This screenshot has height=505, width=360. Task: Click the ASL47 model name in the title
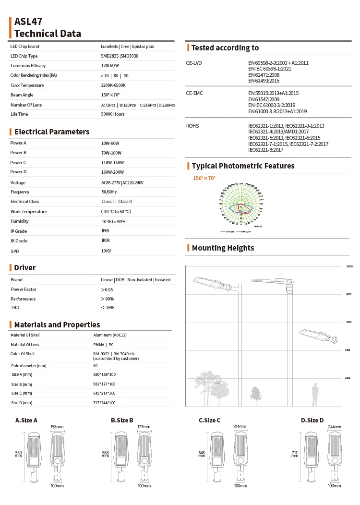point(28,22)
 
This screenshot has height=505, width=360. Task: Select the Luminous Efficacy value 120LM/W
point(110,66)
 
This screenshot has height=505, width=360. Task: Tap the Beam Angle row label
point(22,95)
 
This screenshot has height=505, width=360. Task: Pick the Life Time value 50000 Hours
point(113,114)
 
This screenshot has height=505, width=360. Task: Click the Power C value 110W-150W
point(112,163)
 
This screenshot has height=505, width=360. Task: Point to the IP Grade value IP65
point(105,231)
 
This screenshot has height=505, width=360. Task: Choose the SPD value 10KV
point(106,251)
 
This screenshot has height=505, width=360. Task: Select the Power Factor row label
point(24,289)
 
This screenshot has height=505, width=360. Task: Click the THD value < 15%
point(108,307)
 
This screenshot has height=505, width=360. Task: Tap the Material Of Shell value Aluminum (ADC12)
point(109,335)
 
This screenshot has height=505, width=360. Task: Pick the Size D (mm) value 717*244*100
point(104,403)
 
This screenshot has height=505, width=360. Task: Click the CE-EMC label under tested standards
point(194,93)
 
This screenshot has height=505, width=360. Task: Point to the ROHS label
point(192,126)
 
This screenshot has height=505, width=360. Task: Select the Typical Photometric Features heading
point(243,166)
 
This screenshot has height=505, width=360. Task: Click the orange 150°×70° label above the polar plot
point(204,178)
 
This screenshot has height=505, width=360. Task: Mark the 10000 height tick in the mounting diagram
point(349,266)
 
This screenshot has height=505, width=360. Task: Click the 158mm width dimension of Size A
point(57,426)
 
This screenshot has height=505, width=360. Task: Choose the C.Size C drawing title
point(210,421)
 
